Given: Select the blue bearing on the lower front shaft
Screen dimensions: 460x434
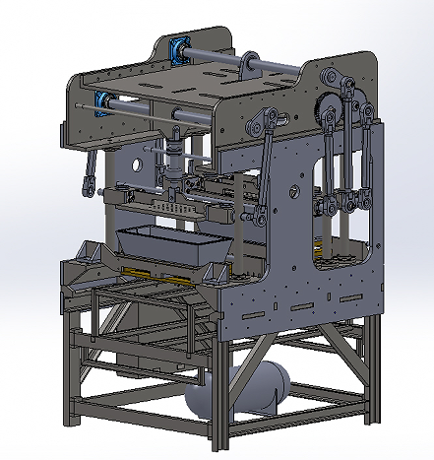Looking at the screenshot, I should tap(102, 99).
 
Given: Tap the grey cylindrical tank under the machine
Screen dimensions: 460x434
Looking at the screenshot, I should tap(246, 390).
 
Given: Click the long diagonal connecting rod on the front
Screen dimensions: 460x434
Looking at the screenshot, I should tap(264, 177).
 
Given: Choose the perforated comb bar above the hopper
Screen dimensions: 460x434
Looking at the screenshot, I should tap(177, 209).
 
